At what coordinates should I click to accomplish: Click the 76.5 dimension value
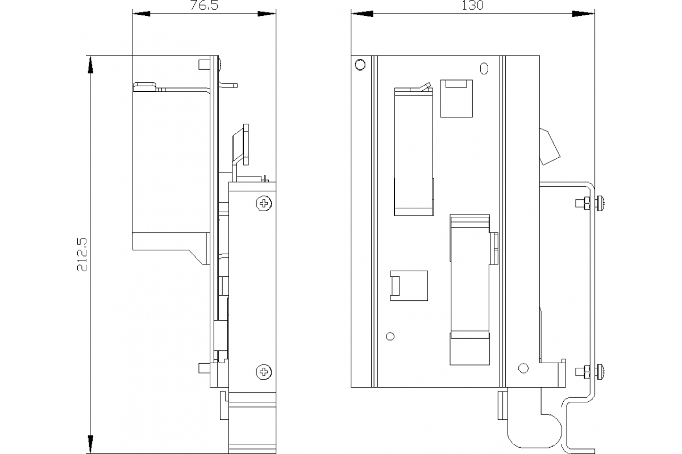pos(204,5)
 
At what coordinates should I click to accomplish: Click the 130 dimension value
pos(472,5)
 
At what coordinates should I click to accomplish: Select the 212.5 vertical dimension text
pos(82,254)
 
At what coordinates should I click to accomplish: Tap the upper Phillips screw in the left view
pos(264,203)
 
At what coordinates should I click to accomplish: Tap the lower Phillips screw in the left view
pos(264,372)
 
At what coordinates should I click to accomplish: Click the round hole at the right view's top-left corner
pos(360,65)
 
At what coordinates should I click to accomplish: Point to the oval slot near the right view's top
pos(484,69)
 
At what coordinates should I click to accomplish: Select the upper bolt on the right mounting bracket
pos(590,203)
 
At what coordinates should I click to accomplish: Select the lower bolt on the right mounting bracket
pos(590,372)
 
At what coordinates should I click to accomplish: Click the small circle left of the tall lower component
pos(390,337)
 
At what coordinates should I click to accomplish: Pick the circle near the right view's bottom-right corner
pos(523,368)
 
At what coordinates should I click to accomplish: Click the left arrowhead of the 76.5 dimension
pos(142,14)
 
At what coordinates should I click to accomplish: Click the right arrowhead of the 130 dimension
pos(583,14)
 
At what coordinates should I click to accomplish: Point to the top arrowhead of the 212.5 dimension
pos(90,65)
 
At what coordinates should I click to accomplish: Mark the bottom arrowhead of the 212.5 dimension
pos(90,444)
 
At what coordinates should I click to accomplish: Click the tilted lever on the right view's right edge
pos(549,147)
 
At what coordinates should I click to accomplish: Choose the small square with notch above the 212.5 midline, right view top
pos(456,99)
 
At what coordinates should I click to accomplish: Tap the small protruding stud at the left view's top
pos(204,65)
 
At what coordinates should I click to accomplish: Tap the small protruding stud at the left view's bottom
pos(204,368)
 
